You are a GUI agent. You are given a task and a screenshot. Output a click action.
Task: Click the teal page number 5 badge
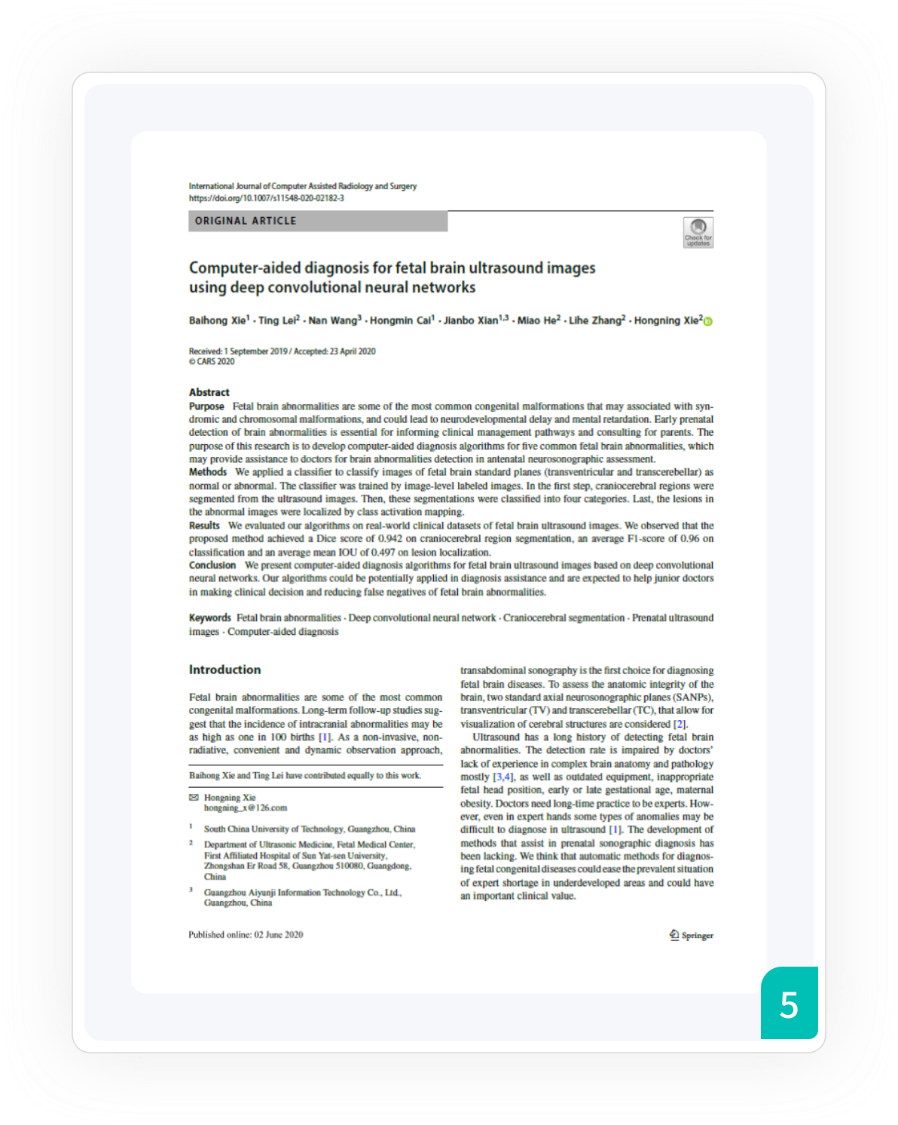[789, 1004]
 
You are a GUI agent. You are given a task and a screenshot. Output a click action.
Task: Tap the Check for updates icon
[698, 231]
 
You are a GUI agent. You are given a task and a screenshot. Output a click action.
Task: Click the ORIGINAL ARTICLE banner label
[246, 221]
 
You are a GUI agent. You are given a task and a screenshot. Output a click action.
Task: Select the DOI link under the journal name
[266, 198]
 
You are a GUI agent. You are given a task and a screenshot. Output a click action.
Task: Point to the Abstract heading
[209, 392]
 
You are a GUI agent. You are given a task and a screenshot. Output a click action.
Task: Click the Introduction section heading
[225, 670]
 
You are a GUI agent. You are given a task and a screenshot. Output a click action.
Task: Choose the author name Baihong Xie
[217, 320]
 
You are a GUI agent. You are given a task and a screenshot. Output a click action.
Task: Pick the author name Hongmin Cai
[402, 320]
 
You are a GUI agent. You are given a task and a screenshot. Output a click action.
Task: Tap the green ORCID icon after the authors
[708, 321]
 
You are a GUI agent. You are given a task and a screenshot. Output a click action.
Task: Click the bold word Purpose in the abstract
[206, 406]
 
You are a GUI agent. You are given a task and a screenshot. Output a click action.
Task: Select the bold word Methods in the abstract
[208, 472]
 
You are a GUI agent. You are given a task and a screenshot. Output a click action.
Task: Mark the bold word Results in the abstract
[204, 526]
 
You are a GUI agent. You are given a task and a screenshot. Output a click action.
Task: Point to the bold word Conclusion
[212, 565]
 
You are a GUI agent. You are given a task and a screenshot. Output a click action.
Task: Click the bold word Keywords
[209, 618]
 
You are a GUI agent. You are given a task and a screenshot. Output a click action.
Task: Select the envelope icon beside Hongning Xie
[194, 797]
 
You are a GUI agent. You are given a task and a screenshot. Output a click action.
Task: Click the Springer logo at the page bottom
[691, 935]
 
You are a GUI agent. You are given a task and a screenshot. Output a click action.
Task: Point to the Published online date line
[246, 935]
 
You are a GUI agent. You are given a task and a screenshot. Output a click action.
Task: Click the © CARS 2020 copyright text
[212, 362]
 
